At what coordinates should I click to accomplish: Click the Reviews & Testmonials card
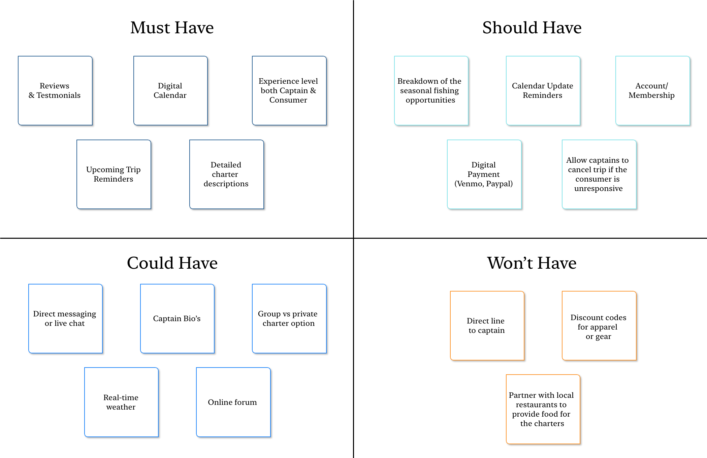pos(55,91)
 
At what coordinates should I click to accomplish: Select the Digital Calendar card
pos(170,91)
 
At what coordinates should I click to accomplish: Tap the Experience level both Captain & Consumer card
pos(289,91)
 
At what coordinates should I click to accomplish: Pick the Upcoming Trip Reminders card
pos(114,175)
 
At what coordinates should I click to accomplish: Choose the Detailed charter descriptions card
pos(226,175)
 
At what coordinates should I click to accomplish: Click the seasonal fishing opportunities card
pos(431,91)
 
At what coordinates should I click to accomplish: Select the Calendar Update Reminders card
pos(543,91)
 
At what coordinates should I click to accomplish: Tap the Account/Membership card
pos(652,91)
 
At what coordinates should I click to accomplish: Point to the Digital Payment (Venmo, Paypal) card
pos(484,175)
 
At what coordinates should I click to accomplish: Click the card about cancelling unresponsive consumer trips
pos(599,175)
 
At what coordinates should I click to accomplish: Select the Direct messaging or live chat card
pos(65,319)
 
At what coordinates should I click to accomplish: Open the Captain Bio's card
pos(177,319)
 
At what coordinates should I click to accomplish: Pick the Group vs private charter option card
pos(289,319)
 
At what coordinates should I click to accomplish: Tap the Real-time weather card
pos(121,402)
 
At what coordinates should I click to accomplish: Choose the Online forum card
pos(233,402)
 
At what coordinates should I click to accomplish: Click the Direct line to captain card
pos(487,326)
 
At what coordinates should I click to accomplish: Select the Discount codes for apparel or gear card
pos(599,326)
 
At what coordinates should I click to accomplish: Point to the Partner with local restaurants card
pos(543,409)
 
